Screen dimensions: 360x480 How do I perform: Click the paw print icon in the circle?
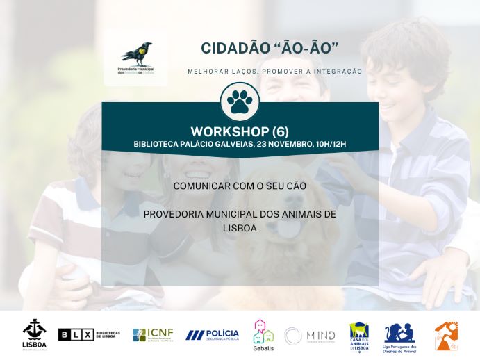[240, 102]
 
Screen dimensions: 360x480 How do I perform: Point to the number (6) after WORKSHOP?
[281, 131]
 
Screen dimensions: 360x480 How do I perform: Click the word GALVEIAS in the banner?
[230, 144]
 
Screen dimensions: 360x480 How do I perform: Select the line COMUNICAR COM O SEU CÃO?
[240, 186]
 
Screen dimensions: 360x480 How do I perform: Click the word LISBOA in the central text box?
[240, 227]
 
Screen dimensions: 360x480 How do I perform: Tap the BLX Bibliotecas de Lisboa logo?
[89, 335]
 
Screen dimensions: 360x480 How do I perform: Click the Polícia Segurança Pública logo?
[212, 335]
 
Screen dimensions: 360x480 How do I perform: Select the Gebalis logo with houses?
[263, 334]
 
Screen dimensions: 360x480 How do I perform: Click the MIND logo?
[310, 336]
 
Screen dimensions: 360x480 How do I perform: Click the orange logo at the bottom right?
[446, 335]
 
